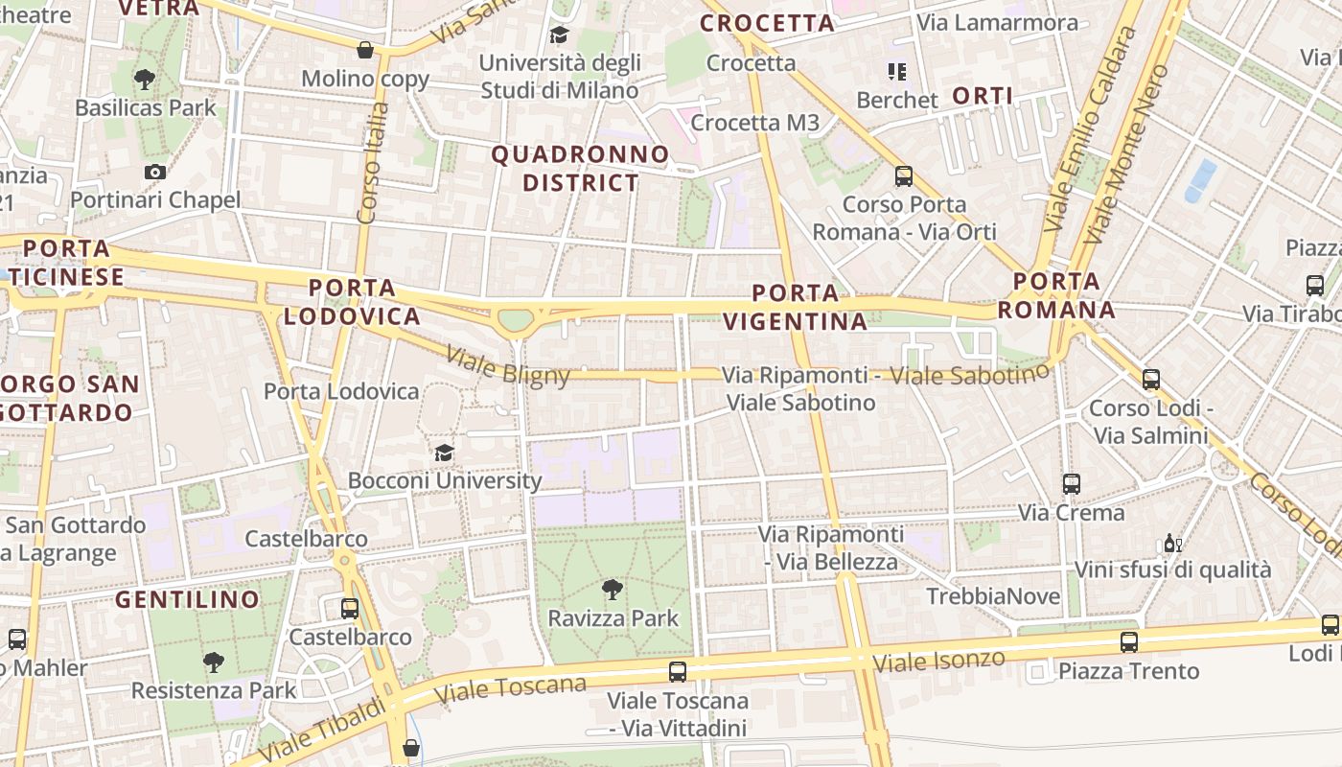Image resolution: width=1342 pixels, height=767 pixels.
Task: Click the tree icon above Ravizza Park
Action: (x=613, y=589)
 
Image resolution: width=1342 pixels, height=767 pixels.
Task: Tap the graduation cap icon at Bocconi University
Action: (x=444, y=453)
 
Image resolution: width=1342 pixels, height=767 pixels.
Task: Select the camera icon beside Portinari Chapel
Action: (x=155, y=173)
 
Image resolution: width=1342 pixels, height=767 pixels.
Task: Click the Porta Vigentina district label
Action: (x=796, y=307)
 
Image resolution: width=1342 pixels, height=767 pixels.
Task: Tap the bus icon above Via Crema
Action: (x=1072, y=484)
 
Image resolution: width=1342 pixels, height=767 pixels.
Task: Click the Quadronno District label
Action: (x=580, y=168)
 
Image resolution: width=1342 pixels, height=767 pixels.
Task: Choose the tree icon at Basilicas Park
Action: (x=145, y=79)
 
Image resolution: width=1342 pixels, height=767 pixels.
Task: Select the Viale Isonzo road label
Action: (x=938, y=661)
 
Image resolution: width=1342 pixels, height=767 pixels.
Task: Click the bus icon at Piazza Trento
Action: (x=1129, y=642)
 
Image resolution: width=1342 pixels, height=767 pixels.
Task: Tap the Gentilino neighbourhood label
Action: (x=187, y=600)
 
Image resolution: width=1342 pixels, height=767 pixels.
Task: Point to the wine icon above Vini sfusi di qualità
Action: (x=1172, y=544)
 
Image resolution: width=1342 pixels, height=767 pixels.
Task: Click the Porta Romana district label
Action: (x=1056, y=295)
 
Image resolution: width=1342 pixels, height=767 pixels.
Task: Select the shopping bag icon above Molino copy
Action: (x=365, y=50)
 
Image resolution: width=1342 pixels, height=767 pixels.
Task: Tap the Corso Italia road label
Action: (x=372, y=163)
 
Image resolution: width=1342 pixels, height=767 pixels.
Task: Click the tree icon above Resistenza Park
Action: (x=214, y=661)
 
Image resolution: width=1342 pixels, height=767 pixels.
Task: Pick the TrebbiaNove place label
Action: (x=993, y=596)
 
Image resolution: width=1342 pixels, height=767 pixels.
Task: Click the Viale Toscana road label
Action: (x=510, y=689)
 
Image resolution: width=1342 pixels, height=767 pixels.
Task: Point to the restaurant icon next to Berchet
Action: (x=897, y=71)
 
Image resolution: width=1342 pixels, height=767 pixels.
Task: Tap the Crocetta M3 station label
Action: (x=755, y=123)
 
